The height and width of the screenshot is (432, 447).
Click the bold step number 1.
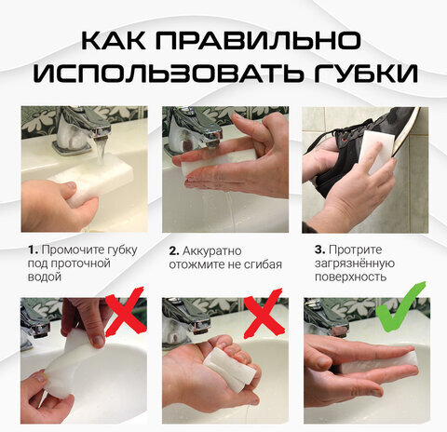(32, 250)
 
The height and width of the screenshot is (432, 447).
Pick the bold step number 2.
(174, 250)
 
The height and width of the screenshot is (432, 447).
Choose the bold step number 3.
(320, 250)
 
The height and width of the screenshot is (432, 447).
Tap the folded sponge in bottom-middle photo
(230, 367)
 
